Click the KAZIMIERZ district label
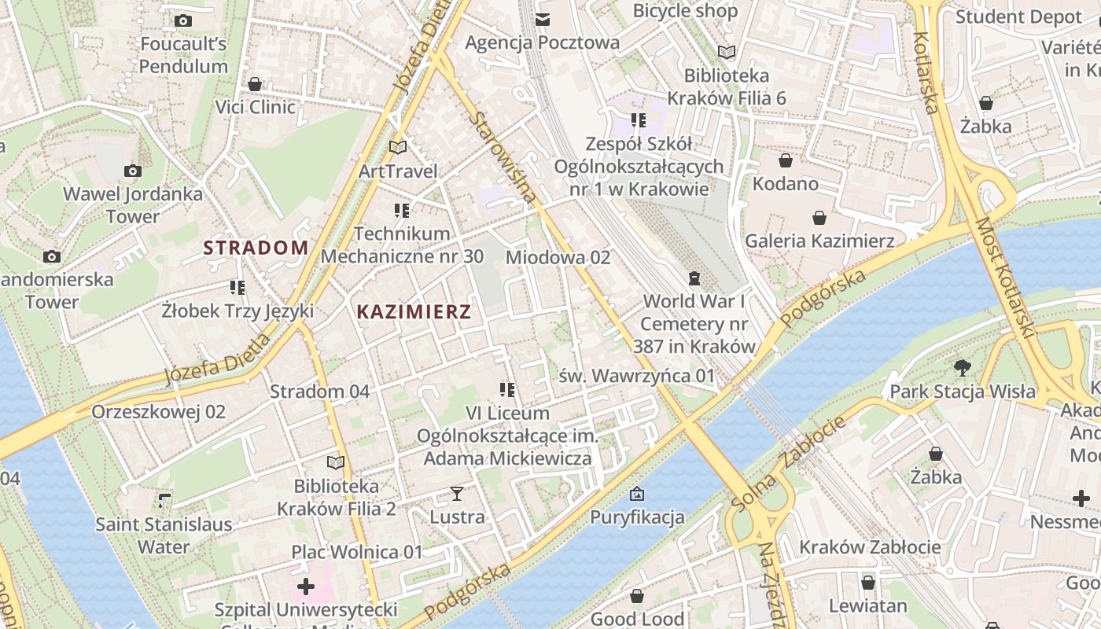coord(414,311)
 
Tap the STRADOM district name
coord(256,248)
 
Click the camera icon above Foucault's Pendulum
coord(183,20)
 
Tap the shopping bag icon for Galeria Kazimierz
coord(819,218)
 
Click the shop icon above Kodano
coord(785,161)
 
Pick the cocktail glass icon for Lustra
coord(457,494)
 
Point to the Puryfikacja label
coord(637,517)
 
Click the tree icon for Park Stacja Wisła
coord(962,367)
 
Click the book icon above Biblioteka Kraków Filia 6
coord(727,53)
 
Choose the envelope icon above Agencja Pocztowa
coord(542,19)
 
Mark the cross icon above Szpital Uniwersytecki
coord(306,587)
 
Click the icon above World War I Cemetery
coord(694,278)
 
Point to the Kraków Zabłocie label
coord(870,547)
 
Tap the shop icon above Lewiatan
coord(867,583)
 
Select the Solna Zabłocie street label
coord(788,463)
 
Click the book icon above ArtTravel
coord(398,148)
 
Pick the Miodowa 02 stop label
coord(558,257)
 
